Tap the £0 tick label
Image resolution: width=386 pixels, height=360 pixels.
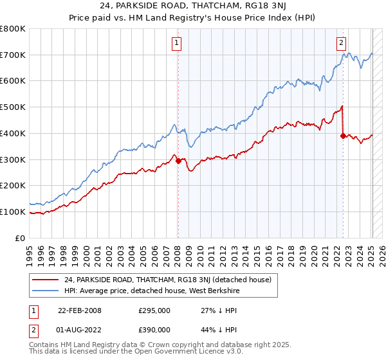point(21,238)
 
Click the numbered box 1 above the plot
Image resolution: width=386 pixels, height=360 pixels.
point(176,43)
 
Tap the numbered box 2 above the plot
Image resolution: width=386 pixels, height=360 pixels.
point(341,43)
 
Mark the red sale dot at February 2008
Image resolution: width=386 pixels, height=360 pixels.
point(178,161)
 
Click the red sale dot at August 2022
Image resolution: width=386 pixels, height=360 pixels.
point(343,136)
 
